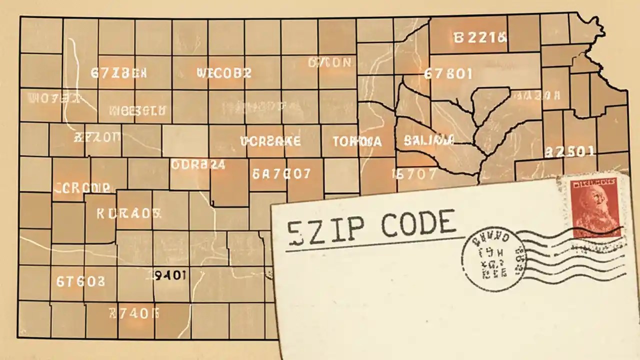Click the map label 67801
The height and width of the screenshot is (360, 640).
[x=448, y=74]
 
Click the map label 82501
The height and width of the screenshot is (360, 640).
[x=569, y=151]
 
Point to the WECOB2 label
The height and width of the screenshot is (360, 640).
[x=224, y=73]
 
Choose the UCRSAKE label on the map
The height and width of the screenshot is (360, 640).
[x=270, y=141]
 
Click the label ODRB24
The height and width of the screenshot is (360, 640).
[x=198, y=164]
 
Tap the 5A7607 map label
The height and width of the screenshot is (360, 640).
[x=281, y=174]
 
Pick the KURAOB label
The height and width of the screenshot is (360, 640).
[x=128, y=214]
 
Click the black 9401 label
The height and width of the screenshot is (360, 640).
[x=171, y=274]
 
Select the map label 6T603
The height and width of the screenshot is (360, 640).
[x=80, y=281]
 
